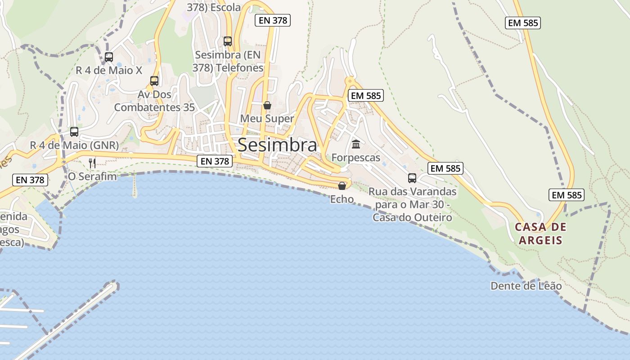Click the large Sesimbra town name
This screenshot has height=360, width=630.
[x=277, y=145]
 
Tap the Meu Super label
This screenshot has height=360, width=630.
[x=267, y=118]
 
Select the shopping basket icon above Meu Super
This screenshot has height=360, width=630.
[x=267, y=105]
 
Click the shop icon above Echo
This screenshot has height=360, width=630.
[x=342, y=185]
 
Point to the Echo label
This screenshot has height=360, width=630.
[x=342, y=199]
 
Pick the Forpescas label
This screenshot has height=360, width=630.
[x=356, y=157]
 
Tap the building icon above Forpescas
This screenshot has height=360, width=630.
[x=356, y=144]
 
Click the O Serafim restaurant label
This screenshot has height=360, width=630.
[x=92, y=176]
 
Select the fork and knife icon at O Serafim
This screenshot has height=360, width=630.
[x=92, y=163]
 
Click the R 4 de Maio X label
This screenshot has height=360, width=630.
[x=109, y=70]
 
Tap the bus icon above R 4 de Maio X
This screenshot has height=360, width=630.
[x=109, y=57]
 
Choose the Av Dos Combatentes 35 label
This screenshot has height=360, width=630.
[x=154, y=101]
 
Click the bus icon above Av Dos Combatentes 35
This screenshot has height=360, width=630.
[x=154, y=81]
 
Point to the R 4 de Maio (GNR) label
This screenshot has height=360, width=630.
[x=74, y=145]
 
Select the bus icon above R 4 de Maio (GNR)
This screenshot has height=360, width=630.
[x=74, y=132]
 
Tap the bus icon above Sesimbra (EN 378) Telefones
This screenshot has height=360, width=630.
[x=228, y=41]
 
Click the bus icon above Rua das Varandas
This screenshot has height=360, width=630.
[x=412, y=178]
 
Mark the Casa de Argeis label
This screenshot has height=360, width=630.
[x=540, y=233]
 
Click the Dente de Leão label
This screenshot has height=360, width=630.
[x=526, y=286]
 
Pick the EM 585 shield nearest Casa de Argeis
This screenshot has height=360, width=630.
[x=567, y=195]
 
